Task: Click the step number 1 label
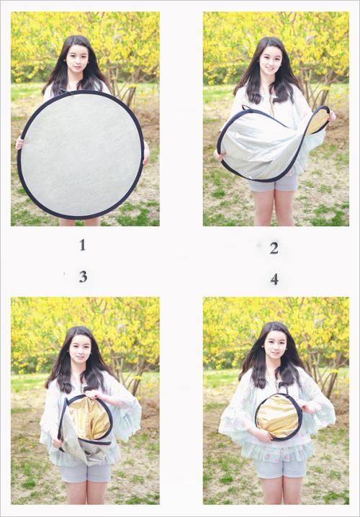pyautogui.click(x=82, y=245)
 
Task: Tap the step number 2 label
pyautogui.click(x=274, y=248)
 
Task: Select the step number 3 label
pyautogui.click(x=83, y=277)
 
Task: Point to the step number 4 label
pyautogui.click(x=274, y=279)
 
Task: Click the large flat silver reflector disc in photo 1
pyautogui.click(x=81, y=154)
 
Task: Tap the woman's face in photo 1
pyautogui.click(x=77, y=60)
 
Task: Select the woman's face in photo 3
pyautogui.click(x=80, y=349)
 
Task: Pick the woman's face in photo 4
pyautogui.click(x=275, y=345)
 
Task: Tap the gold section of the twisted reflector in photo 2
pyautogui.click(x=318, y=121)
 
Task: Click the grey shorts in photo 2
pyautogui.click(x=274, y=184)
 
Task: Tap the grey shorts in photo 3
pyautogui.click(x=85, y=473)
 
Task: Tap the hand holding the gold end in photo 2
pyautogui.click(x=332, y=116)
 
